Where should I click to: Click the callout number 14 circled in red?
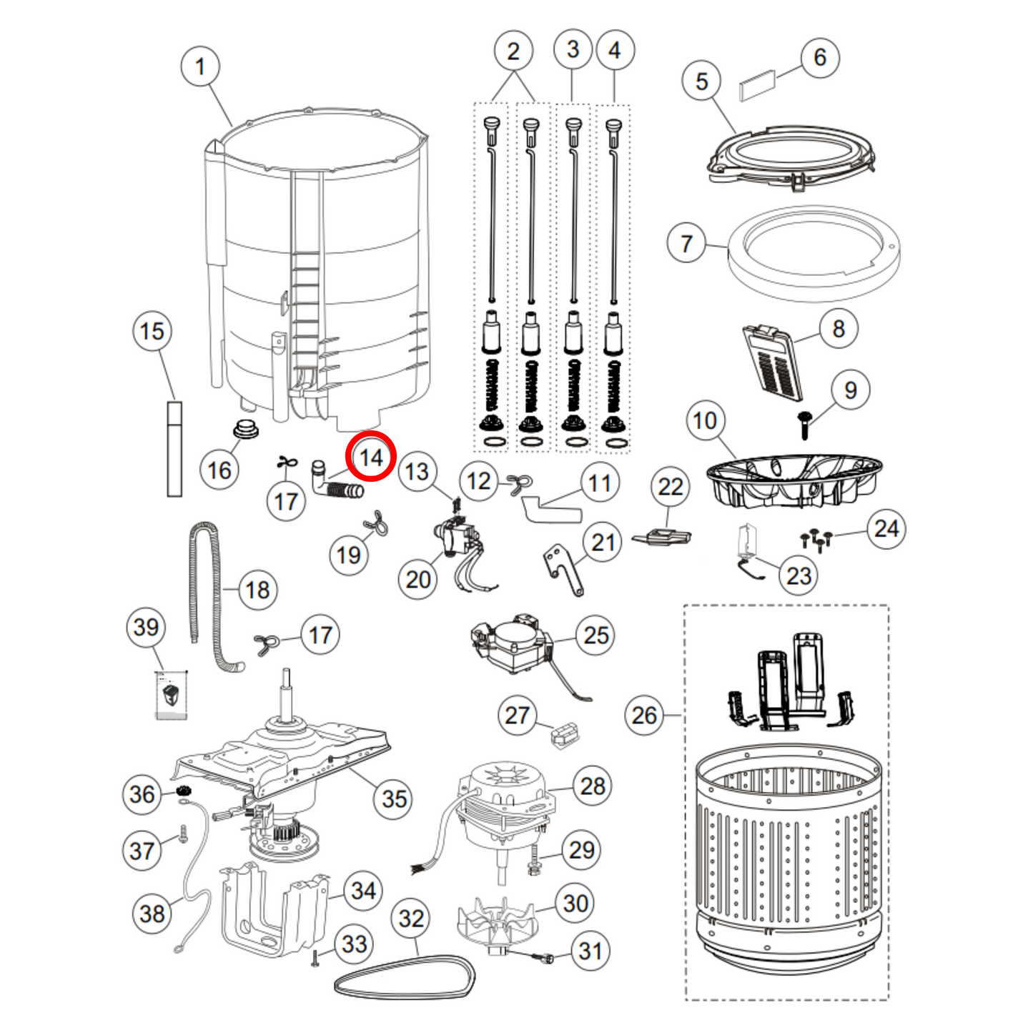tap(370, 458)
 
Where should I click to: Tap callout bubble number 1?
tap(200, 67)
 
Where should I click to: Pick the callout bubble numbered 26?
tap(644, 715)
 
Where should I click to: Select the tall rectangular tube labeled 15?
tap(174, 449)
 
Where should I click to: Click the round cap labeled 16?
tap(246, 430)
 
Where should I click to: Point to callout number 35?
tap(394, 799)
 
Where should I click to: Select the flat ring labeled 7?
tap(814, 254)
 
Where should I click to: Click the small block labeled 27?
tap(565, 734)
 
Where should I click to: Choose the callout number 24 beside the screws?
tap(886, 529)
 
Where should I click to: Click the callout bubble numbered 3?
tap(573, 49)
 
